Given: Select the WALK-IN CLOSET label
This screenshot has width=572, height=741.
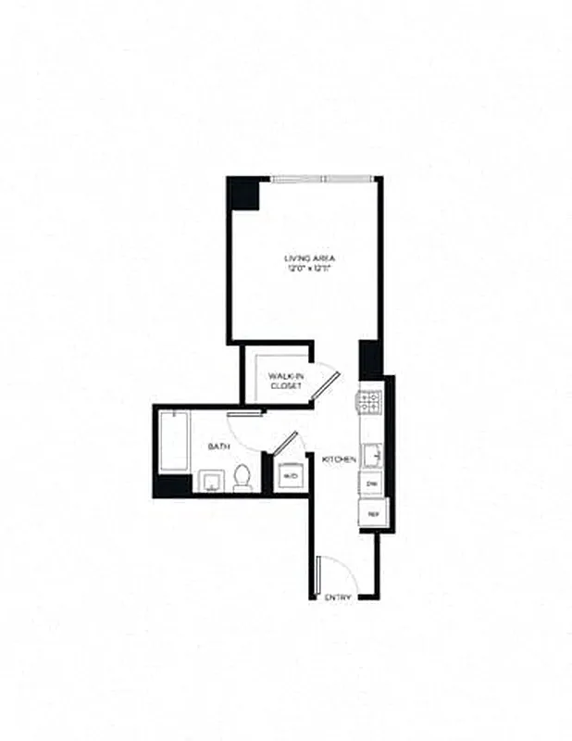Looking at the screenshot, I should click(285, 380).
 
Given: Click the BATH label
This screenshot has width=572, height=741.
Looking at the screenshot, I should click(218, 447).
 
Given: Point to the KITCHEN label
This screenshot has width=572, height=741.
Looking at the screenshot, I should click(338, 460).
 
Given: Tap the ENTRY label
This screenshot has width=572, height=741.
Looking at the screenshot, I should click(338, 598).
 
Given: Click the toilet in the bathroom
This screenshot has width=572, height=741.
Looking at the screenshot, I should click(242, 476).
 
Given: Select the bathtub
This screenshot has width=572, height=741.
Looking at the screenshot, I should click(174, 444).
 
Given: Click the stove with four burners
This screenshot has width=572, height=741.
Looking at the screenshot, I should click(370, 403).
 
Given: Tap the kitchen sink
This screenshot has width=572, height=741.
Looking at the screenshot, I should click(372, 456).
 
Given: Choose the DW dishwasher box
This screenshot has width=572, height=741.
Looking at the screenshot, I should click(373, 484).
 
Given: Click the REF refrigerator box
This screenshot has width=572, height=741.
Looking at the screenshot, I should click(374, 512).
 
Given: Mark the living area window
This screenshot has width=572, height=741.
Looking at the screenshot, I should click(323, 178).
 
